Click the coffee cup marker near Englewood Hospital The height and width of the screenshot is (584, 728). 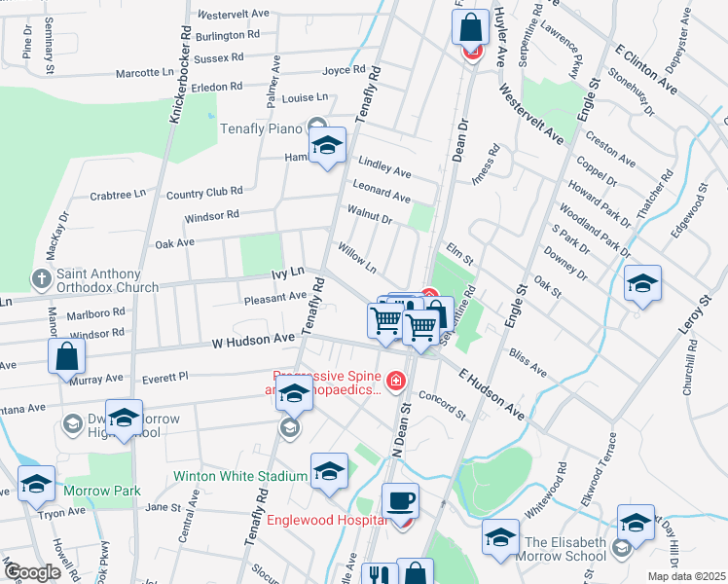click(x=400, y=502)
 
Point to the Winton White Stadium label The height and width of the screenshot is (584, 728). click(x=240, y=477)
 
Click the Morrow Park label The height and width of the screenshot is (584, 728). click(x=102, y=491)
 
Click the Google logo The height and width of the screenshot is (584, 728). click(x=34, y=572)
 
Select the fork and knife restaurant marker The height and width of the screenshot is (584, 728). click(x=379, y=575)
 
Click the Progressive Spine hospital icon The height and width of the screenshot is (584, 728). click(x=395, y=380)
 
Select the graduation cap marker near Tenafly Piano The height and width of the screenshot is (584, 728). click(x=328, y=147)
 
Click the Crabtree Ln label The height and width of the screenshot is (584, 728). click(x=117, y=196)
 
